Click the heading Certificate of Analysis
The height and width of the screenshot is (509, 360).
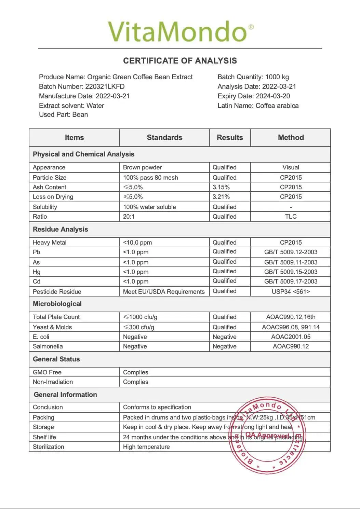coord(180,61)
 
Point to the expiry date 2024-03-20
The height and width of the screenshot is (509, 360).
coord(273,96)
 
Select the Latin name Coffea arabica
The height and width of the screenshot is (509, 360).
coord(277,106)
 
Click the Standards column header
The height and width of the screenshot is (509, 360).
coord(164,138)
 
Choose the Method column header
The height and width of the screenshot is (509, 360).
coord(291,138)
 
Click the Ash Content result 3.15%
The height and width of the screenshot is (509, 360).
coord(221,187)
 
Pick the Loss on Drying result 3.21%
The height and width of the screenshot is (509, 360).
coord(221,197)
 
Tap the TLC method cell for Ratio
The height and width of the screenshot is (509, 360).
coord(291,217)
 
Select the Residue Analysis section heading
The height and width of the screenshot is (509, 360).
coord(60,230)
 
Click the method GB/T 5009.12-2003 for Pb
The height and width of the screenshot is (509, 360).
coord(291,252)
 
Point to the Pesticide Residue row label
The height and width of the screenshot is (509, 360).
coord(57,292)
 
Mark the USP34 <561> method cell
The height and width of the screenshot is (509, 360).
coord(291,292)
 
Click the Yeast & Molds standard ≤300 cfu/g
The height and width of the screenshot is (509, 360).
coord(139,327)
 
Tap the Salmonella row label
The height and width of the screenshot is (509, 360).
coord(48,346)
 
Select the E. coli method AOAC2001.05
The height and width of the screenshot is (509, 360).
coord(291,337)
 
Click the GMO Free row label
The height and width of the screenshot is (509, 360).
coord(47,372)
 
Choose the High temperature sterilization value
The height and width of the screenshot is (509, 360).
coord(146,447)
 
